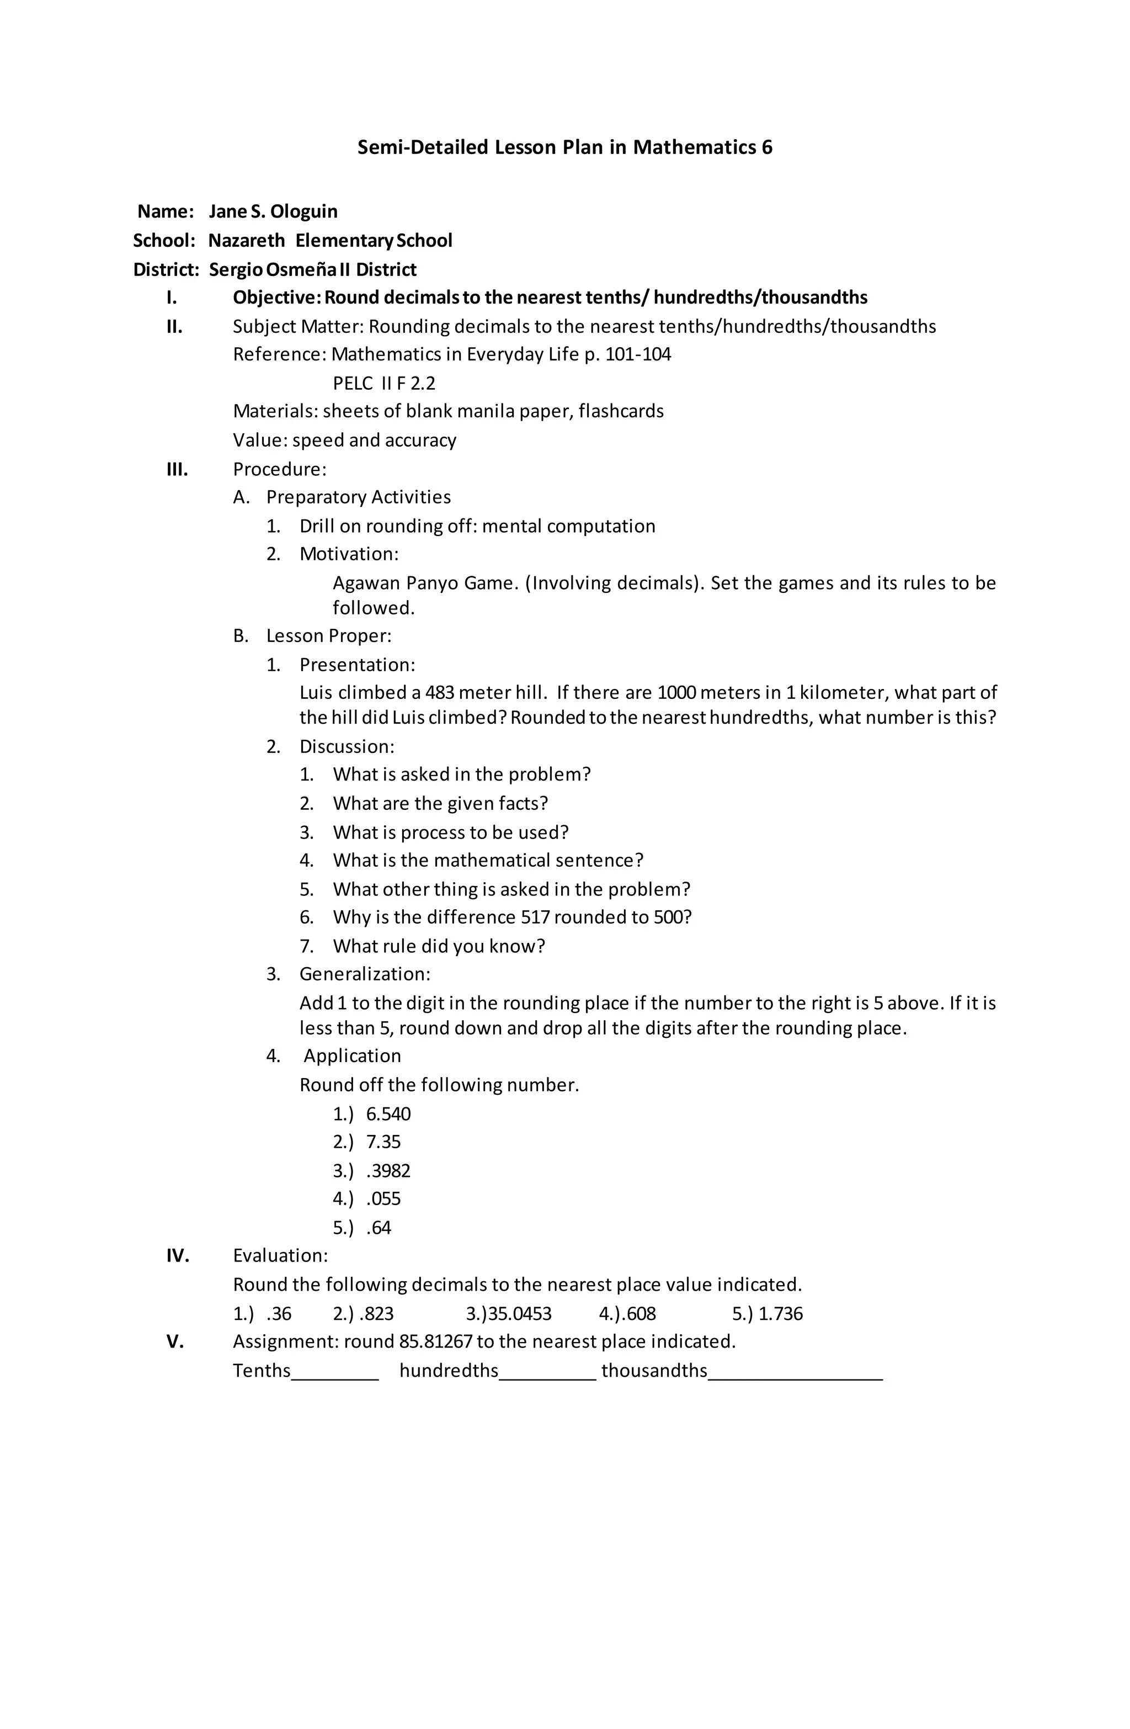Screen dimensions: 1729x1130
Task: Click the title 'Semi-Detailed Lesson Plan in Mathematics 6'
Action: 564,147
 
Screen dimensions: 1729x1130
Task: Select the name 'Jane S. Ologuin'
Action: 273,211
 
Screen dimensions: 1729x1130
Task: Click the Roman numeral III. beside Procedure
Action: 177,469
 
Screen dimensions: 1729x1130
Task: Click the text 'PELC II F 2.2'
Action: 384,383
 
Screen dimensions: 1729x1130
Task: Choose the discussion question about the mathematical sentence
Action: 487,860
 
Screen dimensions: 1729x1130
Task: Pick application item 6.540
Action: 388,1113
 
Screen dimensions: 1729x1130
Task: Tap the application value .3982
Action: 388,1170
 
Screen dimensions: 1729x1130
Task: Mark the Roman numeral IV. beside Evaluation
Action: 177,1255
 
